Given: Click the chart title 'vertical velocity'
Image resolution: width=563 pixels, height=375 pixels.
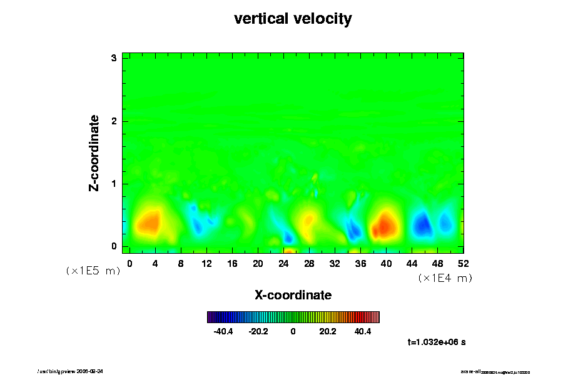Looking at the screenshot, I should point(293,19).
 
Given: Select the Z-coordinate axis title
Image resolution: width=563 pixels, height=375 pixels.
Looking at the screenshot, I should point(94,152).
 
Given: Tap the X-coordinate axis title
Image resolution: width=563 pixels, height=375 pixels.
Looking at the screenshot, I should point(293,294).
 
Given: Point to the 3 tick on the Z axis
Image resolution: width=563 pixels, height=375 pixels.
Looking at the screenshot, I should point(114,58).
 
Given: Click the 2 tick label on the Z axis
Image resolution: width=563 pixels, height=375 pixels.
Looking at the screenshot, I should point(114,121).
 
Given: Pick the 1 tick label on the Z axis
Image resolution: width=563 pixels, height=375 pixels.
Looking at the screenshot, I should point(114,184).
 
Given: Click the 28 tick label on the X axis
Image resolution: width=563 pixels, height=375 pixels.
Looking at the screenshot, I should point(309,263).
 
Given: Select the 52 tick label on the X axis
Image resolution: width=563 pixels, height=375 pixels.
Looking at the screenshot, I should point(464,263).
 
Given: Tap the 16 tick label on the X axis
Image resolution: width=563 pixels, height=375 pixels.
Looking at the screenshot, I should point(232,263).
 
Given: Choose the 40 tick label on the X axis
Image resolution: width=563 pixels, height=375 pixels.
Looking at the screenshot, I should point(387,263).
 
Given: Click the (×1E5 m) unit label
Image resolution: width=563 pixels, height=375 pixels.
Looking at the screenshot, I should point(93,271).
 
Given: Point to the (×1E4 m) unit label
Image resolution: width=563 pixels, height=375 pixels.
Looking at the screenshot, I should point(445,278).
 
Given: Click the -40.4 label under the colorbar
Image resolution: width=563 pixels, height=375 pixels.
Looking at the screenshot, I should point(223,332).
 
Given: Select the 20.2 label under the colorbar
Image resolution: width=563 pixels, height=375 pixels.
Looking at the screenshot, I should point(328,332).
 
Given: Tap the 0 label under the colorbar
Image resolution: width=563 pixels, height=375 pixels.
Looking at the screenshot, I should point(293,332).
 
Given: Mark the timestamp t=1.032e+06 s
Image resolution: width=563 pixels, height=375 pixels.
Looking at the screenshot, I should point(437,342).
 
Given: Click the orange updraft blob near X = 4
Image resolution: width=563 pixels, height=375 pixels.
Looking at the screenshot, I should point(148,222).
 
